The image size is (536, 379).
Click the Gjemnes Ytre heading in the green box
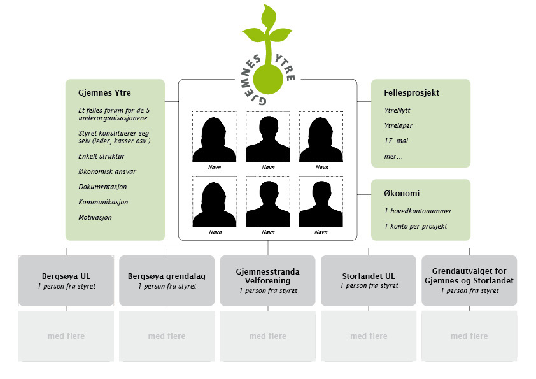coord(104,94)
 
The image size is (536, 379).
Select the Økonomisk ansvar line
coord(107,171)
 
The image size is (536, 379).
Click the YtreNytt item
coord(398,111)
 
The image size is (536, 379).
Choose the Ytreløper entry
coord(399,126)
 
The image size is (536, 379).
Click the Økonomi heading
coord(402,194)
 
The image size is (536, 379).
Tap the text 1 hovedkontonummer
coord(418,211)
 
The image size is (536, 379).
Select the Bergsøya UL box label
coord(66,276)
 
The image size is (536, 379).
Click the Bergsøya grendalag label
coord(167,276)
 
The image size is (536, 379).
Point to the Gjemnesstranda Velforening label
coord(268,276)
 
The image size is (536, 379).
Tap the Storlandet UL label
coord(369,276)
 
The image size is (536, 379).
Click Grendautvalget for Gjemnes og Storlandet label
coord(469,276)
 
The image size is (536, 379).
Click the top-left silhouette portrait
coord(215,137)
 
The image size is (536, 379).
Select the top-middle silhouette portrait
coord(268,137)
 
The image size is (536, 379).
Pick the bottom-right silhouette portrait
coord(321,202)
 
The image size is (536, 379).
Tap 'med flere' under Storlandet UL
coord(369,336)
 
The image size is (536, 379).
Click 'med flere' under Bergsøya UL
coord(66,336)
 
